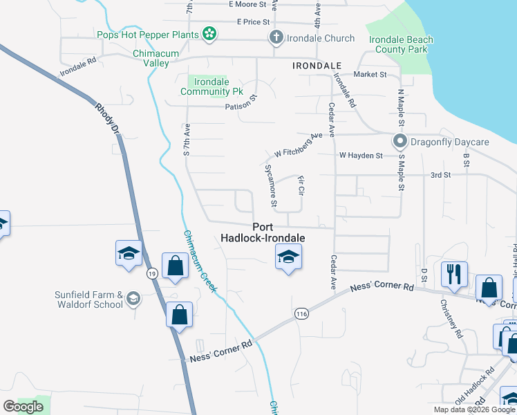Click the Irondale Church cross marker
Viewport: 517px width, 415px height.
coord(276,38)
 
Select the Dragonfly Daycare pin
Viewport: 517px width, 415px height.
coord(399,142)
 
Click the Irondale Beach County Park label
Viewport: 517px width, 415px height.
coord(401,45)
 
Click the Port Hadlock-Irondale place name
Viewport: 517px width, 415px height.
coord(262,232)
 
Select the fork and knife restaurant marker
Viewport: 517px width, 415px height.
coord(454,273)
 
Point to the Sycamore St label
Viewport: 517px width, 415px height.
coord(271,186)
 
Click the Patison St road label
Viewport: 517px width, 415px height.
coord(241,107)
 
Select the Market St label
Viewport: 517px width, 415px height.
coord(370,75)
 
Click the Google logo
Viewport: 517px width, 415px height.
coord(23,406)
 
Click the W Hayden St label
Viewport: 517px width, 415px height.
coord(360,156)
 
